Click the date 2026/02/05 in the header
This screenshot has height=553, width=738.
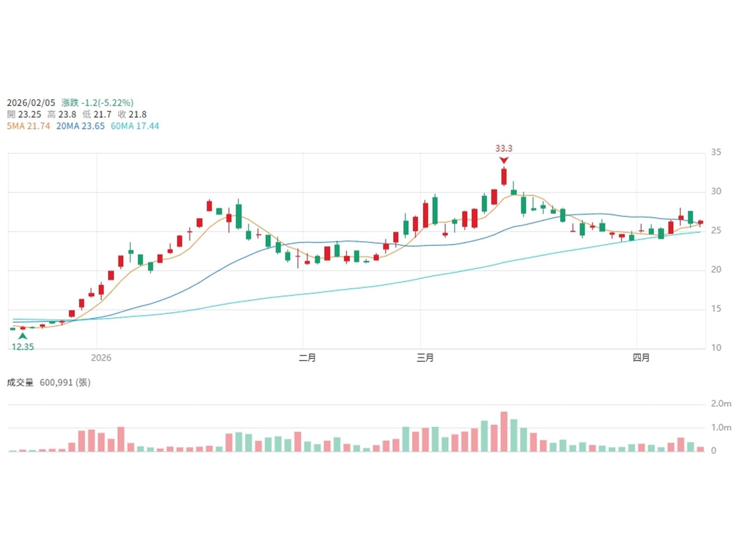click(31, 103)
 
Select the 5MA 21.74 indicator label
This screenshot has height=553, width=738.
click(28, 126)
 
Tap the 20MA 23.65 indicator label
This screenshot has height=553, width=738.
click(80, 126)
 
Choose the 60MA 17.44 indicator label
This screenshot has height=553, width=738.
click(135, 126)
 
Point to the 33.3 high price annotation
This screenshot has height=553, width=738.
click(504, 148)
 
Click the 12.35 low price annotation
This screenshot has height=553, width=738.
click(23, 347)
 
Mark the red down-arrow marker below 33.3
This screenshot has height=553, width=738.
click(504, 160)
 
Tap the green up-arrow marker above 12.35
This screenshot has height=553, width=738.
click(23, 336)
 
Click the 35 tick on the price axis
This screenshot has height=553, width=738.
click(716, 152)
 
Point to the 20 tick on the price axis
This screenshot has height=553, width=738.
click(716, 270)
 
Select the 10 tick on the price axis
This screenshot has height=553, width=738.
click(716, 347)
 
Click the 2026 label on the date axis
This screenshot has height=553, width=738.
click(101, 358)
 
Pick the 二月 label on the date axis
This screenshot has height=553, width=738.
click(307, 358)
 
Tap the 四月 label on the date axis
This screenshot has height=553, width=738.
click(641, 358)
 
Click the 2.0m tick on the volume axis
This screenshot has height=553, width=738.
click(720, 404)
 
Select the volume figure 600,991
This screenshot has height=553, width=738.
click(56, 382)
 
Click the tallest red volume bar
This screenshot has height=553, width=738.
click(504, 431)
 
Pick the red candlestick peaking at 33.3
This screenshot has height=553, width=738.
click(504, 176)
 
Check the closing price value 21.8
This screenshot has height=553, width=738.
click(138, 114)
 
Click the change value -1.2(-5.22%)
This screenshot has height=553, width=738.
click(107, 103)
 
